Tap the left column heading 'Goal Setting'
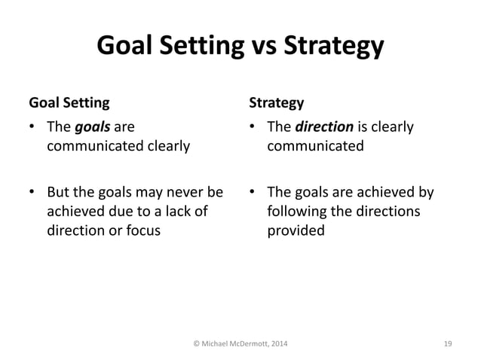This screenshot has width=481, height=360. coord(69,101)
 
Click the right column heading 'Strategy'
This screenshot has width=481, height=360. coord(277,101)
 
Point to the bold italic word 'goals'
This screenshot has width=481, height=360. coord(91,127)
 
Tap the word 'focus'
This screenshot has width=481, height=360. coord(141,230)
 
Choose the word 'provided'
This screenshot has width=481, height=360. coord(296,230)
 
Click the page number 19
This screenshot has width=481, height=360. coord(448,344)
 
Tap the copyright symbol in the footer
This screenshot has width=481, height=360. coord(196,344)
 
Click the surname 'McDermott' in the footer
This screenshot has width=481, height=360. coord(242,344)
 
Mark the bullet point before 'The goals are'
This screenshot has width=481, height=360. coord(32,127)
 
